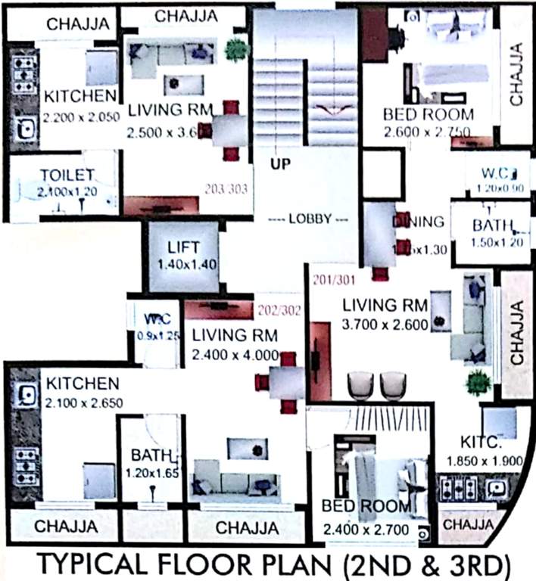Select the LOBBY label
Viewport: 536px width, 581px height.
coord(310,219)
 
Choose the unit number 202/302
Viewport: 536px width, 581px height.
coord(279,309)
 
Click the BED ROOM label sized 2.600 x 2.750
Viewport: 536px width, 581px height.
coord(428,115)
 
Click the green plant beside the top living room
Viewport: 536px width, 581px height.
coord(236,50)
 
